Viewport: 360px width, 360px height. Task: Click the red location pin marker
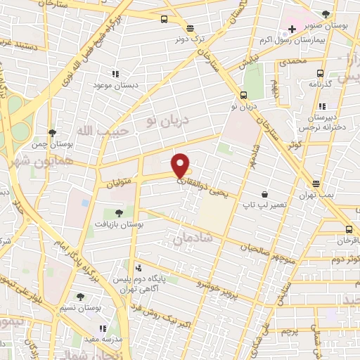point(181,165)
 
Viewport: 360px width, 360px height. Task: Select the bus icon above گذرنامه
point(321,72)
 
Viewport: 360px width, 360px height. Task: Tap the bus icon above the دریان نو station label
point(243,95)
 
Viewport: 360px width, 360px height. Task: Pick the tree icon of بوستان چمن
point(52,132)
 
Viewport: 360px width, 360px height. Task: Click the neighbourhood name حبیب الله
point(94,131)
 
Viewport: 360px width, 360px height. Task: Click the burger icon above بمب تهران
point(317,183)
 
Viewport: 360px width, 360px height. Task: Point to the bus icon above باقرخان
point(349,229)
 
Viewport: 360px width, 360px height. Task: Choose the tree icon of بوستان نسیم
point(80,297)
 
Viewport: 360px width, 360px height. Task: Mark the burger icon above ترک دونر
point(190,28)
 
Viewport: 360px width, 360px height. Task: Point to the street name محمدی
point(292,63)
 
